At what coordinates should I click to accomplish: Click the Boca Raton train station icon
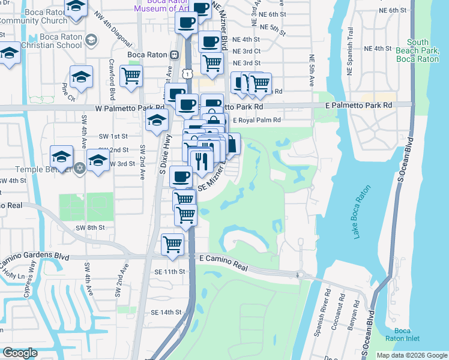pos(173,55)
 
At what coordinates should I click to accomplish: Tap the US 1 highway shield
pos(188,73)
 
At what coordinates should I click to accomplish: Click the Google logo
pos(20,352)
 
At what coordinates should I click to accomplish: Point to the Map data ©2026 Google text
pos(411,355)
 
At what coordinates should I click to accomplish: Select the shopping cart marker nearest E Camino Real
pos(173,244)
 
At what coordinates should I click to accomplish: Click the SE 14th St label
pos(166,313)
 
